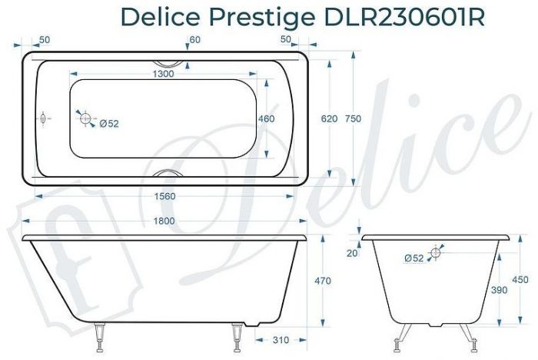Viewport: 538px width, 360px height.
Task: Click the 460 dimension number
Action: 266,119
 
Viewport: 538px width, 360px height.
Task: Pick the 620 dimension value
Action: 328,119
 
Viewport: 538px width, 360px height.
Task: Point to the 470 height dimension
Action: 323,281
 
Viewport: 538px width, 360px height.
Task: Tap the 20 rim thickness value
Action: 352,253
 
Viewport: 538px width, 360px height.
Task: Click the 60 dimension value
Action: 195,39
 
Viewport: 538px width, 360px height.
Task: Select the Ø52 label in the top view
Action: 108,123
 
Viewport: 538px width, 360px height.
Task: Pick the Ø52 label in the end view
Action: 414,258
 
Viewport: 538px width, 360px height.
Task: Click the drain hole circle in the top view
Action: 85,119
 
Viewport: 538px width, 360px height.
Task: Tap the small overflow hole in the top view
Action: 44,119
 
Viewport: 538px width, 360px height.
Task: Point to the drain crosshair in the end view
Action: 437,252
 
